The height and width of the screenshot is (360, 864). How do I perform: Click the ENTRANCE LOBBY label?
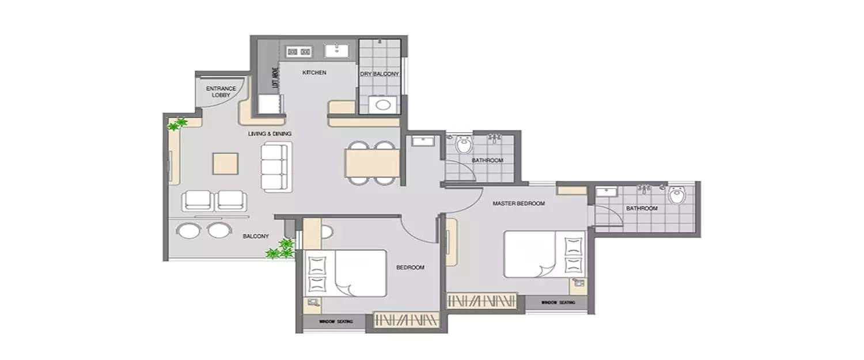click(221, 92)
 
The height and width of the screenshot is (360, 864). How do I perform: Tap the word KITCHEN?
click(314, 73)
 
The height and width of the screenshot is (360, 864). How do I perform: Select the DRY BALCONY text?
click(380, 74)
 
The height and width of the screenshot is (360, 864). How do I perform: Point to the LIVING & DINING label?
click(270, 134)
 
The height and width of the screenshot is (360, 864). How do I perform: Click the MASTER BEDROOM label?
click(518, 204)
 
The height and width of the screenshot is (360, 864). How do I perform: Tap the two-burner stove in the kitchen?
click(298, 52)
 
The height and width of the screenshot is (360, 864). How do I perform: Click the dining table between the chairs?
click(373, 164)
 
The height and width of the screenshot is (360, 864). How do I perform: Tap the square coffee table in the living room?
click(225, 163)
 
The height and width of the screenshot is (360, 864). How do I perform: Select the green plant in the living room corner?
click(177, 124)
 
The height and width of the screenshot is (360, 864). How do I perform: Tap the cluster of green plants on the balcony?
click(281, 249)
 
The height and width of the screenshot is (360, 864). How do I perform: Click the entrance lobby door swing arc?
click(242, 94)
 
